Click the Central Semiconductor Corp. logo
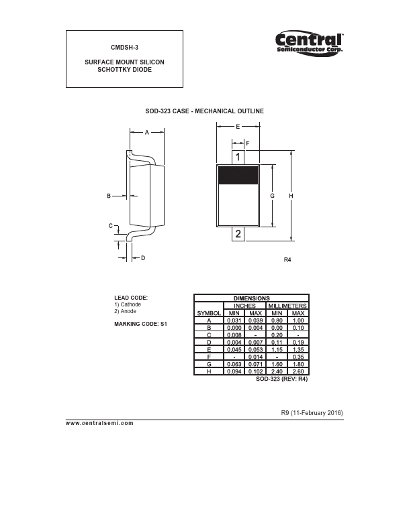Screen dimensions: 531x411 tap(310, 43)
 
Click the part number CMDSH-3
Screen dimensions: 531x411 tap(124, 48)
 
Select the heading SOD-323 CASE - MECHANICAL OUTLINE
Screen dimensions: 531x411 tap(205, 111)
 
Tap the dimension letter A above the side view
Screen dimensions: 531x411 tap(147, 133)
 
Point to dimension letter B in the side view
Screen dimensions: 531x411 tap(108, 196)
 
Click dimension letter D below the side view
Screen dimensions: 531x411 tap(143, 258)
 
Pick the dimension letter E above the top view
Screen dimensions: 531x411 tap(238, 127)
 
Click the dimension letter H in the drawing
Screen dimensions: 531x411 tap(291, 196)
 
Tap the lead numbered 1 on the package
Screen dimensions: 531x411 tap(238, 157)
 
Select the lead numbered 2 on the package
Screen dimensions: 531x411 tap(238, 233)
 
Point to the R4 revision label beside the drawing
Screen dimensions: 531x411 tap(288, 259)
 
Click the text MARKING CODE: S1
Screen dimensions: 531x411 tap(140, 324)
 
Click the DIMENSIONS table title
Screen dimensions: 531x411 tap(251, 298)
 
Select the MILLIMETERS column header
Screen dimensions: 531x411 tap(287, 306)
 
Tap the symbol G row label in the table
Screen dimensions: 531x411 tap(209, 364)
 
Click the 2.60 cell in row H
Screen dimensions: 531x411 tap(299, 371)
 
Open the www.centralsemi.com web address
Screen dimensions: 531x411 tap(100, 423)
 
